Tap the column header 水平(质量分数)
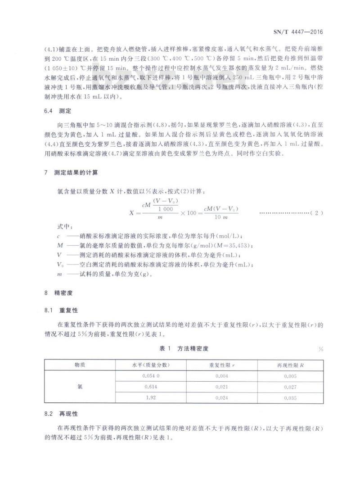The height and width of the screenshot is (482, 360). click(151, 365)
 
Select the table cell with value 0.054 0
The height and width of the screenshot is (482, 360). click(151, 376)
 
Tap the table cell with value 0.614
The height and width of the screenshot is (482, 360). click(151, 387)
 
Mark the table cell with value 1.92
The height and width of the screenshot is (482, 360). click(151, 398)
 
